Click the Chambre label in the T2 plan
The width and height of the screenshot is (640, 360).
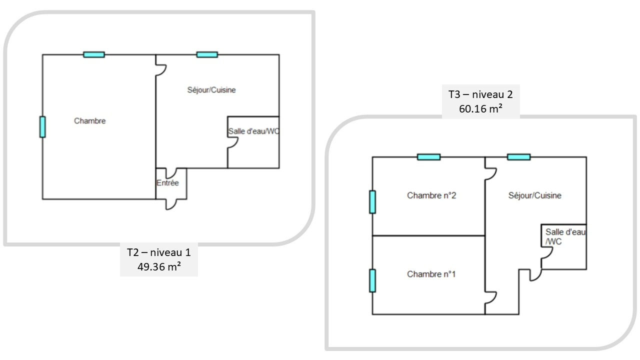90,121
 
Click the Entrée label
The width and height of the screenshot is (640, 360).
167,183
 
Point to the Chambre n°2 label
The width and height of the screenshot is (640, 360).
431,195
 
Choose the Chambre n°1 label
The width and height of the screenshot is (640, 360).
431,274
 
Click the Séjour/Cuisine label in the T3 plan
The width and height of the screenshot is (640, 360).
534,195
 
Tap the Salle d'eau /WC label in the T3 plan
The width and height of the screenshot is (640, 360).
564,236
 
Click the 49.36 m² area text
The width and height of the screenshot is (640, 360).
159,267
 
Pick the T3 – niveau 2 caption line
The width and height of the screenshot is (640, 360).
480,94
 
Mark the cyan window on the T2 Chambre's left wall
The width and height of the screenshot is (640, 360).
42,127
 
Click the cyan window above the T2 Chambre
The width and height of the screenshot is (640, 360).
94,54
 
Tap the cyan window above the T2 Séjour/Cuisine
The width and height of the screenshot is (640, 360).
207,54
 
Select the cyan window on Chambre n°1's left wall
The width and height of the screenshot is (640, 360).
372,280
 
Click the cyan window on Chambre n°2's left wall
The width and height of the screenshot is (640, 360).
372,202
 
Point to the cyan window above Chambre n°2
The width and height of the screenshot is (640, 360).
429,157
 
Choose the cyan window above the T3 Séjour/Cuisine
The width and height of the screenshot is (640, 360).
518,157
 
